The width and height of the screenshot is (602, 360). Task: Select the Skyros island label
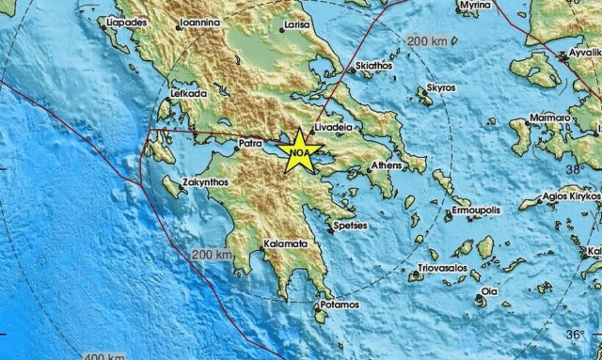pyautogui.click(x=441, y=87)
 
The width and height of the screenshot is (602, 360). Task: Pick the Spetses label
pyautogui.click(x=352, y=226)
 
